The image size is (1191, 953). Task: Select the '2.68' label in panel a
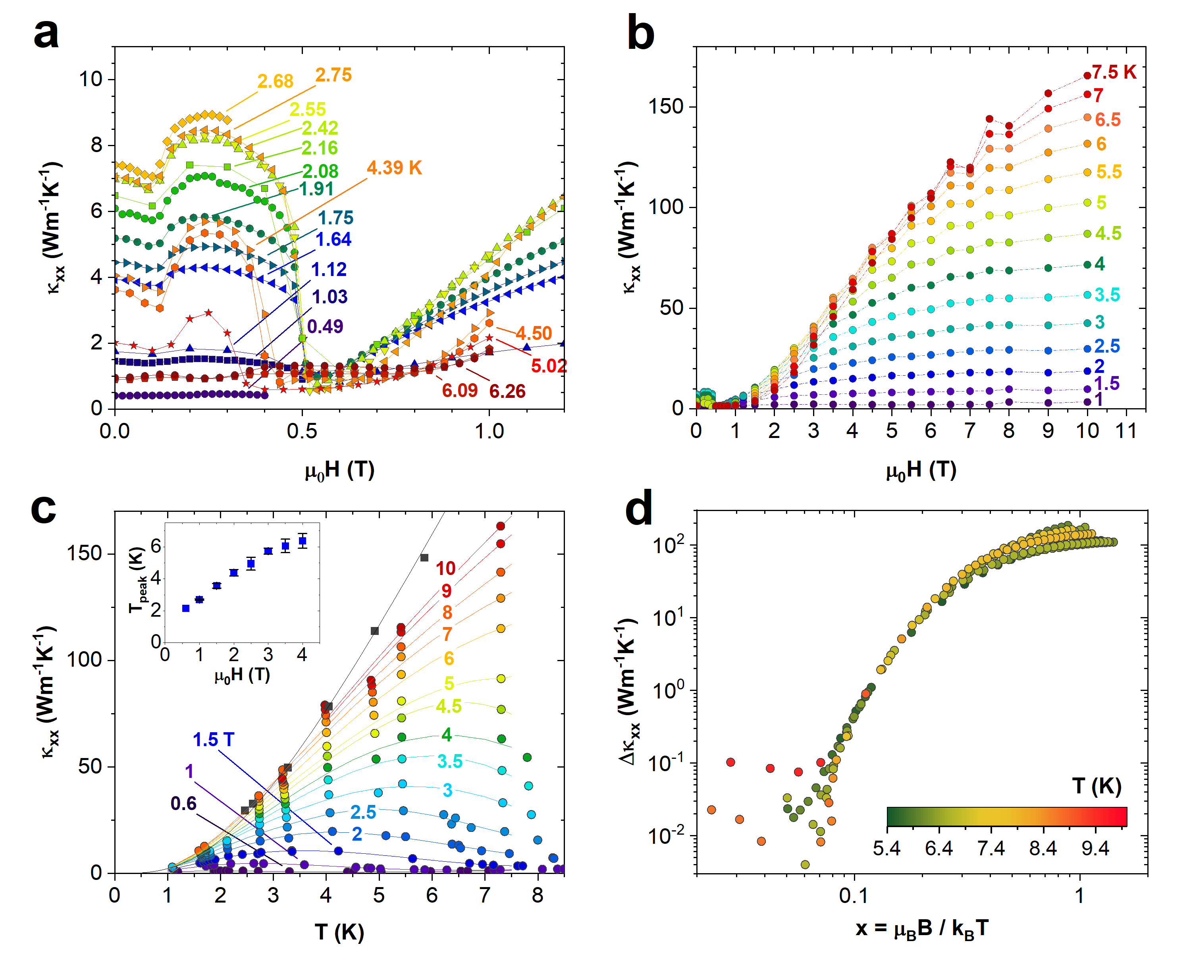275,81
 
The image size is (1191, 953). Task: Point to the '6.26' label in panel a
507,391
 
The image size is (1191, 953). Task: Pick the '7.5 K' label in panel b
1114,72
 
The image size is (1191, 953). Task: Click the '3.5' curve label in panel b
1107,295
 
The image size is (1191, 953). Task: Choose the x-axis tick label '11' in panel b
1126,431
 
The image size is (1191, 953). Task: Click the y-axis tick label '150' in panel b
666,107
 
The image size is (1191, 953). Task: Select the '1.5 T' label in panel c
213,739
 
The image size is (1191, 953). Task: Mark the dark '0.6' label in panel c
183,803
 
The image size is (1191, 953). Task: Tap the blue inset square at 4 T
302,541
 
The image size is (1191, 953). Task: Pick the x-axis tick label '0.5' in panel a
302,431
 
